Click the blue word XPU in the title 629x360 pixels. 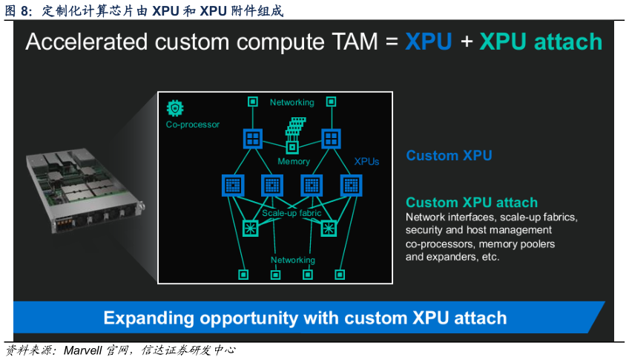(428, 42)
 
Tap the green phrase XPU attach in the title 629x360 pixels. (541, 42)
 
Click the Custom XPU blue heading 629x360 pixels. (449, 156)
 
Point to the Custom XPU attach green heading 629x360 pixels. (472, 203)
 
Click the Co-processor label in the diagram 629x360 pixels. (193, 125)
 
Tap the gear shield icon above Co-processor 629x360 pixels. (175, 108)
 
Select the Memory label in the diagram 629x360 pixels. (294, 161)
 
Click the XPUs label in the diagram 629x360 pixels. (366, 161)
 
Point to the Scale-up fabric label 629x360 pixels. (292, 213)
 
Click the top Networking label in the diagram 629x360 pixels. (292, 102)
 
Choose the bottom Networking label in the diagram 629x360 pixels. (292, 260)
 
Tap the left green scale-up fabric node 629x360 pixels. (251, 229)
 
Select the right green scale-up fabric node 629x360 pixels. (329, 229)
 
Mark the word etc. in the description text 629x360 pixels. (488, 258)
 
